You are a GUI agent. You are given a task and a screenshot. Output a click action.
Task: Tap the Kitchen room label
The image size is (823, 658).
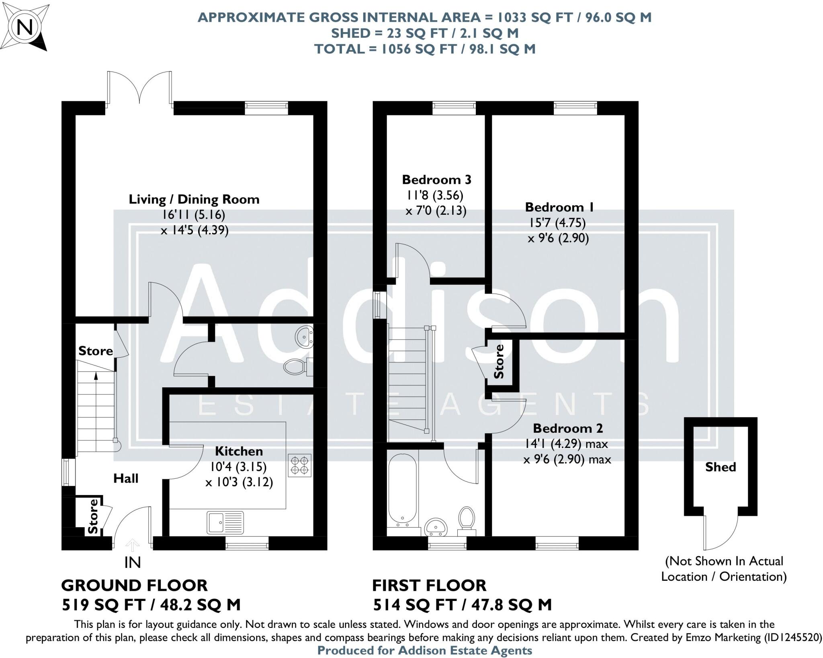(x=239, y=451)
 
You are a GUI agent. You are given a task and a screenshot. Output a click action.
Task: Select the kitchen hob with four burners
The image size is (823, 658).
(x=300, y=465)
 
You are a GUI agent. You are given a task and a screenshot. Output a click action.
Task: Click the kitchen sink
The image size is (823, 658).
(x=225, y=522)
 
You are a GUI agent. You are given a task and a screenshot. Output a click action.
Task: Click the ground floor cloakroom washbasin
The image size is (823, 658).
(x=304, y=337)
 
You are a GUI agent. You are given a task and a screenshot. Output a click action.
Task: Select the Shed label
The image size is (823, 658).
(x=721, y=467)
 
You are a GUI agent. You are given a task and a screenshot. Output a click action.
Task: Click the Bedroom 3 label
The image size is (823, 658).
(x=436, y=179)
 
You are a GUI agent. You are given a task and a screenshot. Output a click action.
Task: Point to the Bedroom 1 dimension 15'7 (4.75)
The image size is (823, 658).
(x=558, y=222)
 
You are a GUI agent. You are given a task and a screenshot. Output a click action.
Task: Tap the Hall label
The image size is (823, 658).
(x=126, y=478)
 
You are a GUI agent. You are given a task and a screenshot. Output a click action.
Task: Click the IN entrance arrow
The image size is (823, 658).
(x=133, y=546)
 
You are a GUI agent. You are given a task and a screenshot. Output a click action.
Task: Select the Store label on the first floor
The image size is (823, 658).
(x=499, y=362)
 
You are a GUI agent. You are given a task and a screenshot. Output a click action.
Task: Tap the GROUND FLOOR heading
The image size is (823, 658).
(x=134, y=585)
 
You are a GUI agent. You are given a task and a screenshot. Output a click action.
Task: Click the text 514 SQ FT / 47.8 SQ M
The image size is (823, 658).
(x=462, y=605)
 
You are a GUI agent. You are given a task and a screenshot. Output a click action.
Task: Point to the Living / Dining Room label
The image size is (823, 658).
(x=194, y=199)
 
